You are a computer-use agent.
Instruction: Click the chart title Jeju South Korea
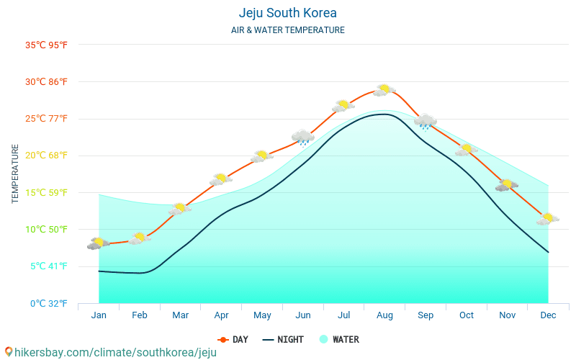coord(288,13)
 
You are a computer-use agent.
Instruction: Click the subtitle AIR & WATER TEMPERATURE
coord(288,30)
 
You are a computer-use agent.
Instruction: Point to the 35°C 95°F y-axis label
coord(47,45)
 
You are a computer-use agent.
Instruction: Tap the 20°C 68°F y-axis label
coord(47,156)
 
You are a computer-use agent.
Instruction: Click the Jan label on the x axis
coord(99,315)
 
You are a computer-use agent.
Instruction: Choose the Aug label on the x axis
coord(384,315)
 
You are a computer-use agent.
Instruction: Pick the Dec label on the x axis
coord(548,315)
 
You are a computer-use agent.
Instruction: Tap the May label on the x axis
coord(262,315)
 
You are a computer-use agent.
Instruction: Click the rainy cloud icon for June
coord(303,137)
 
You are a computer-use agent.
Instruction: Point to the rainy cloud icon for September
coord(426,122)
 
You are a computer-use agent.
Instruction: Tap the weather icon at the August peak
coord(384,90)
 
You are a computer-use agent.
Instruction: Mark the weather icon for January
coord(99,243)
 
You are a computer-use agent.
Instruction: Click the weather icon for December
coord(548,219)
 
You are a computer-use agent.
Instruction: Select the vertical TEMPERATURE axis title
coord(16,174)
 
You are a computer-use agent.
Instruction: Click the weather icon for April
coord(221,179)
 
